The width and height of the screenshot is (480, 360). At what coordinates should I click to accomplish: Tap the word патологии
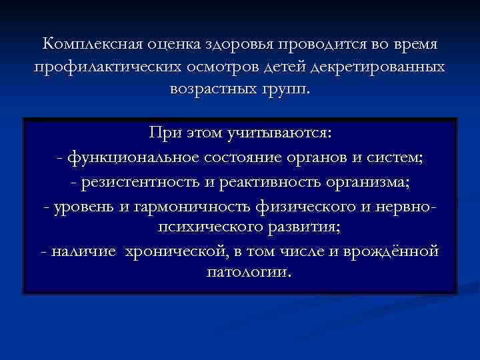(244, 273)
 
